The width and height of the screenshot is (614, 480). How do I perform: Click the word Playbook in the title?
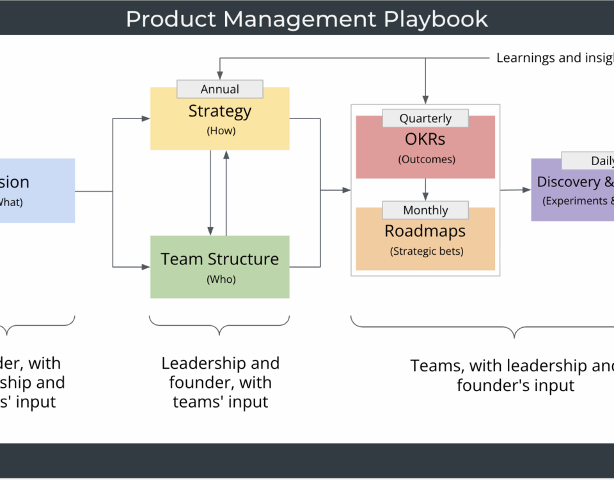coord(436,19)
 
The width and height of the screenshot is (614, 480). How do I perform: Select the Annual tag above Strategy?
coord(219,90)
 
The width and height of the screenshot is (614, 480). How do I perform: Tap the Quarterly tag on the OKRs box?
coord(425,118)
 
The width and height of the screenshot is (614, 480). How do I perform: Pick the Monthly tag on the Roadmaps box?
coord(425,210)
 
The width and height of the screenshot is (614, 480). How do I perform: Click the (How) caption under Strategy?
coord(221,131)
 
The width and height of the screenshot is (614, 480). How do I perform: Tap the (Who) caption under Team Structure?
coord(221,279)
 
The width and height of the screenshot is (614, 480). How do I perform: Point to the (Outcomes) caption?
coord(427,159)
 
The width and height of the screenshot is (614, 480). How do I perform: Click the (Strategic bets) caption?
coord(427,251)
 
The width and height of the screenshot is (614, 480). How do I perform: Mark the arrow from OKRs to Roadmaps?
coord(425,189)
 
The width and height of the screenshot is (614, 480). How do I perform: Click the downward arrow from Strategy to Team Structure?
coord(210,192)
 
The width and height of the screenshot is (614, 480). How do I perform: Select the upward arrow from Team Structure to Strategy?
coord(226,192)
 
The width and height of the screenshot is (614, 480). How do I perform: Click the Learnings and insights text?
coord(554,58)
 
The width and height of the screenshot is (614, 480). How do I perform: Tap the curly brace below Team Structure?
coord(219,326)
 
